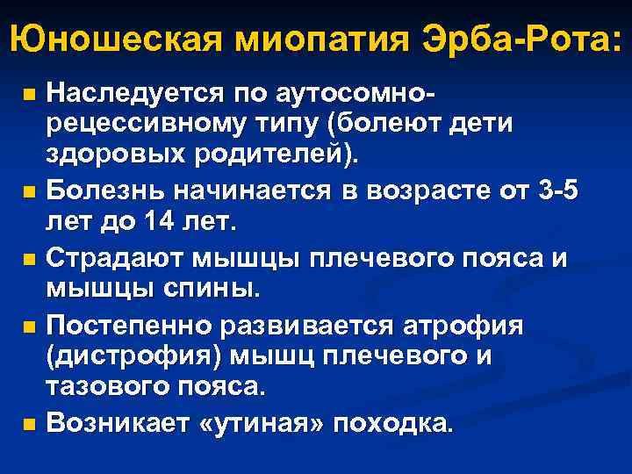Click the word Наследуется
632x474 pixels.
coord(139,91)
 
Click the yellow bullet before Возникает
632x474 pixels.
coord(30,425)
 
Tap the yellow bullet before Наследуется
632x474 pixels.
coord(30,92)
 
